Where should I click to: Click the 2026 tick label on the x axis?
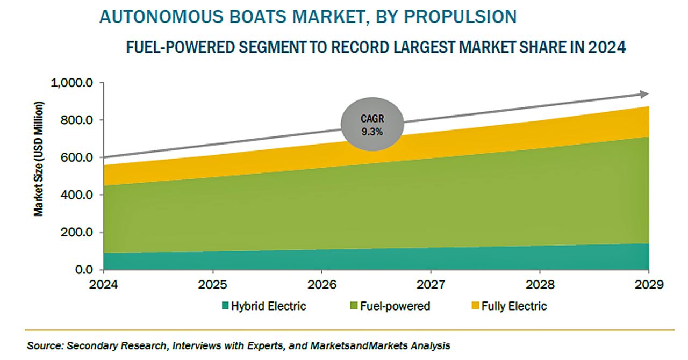pyautogui.click(x=321, y=284)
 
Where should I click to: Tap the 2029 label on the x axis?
pyautogui.click(x=649, y=284)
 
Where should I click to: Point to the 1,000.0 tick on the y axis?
pyautogui.click(x=71, y=83)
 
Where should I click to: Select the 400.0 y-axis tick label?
pyautogui.click(x=76, y=195)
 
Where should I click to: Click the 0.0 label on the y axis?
pyautogui.click(x=84, y=270)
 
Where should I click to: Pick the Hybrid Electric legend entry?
pyautogui.click(x=264, y=306)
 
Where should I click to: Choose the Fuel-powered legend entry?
pyautogui.click(x=390, y=306)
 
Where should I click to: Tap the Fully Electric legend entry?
pyautogui.click(x=509, y=306)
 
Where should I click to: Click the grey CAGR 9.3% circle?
pyautogui.click(x=372, y=124)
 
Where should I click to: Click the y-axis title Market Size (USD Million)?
pyautogui.click(x=39, y=159)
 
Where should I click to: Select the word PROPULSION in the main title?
pyautogui.click(x=460, y=17)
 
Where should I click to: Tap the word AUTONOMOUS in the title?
pyautogui.click(x=162, y=17)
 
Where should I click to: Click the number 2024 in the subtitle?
pyautogui.click(x=607, y=47)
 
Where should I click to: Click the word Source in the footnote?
pyautogui.click(x=45, y=346)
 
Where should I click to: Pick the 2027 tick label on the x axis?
pyautogui.click(x=431, y=284)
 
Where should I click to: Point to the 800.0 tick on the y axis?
pyautogui.click(x=76, y=120)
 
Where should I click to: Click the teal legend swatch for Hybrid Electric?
pyautogui.click(x=225, y=306)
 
